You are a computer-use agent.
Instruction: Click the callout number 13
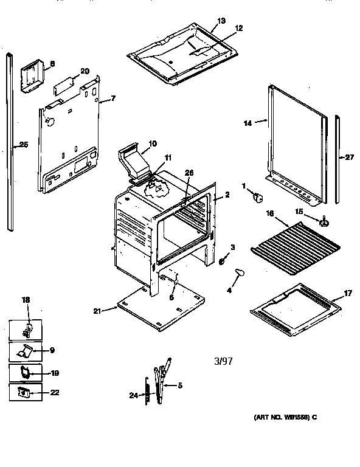(x=221, y=21)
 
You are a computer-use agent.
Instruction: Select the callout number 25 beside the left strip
(x=23, y=144)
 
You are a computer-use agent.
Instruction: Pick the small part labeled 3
(x=223, y=260)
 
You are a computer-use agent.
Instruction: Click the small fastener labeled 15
(x=324, y=222)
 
